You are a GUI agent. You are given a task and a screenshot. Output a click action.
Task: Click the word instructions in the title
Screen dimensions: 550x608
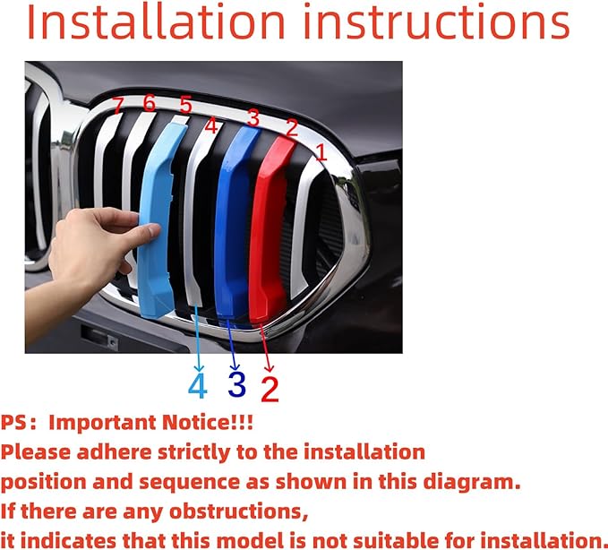(x=436, y=24)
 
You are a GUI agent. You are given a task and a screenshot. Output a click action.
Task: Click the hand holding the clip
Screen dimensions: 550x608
(x=90, y=255)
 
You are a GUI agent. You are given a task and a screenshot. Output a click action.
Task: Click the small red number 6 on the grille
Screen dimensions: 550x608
(x=149, y=104)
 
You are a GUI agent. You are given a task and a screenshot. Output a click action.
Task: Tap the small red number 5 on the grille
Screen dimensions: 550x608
(x=184, y=105)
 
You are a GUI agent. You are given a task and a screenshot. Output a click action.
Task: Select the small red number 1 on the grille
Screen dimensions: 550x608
(x=321, y=154)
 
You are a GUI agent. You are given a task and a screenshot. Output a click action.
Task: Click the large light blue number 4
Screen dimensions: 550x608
(x=197, y=386)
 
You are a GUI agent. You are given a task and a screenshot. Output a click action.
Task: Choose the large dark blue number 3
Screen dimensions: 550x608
(x=236, y=384)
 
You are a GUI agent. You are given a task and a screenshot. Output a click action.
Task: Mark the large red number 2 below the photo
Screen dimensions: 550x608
(x=270, y=388)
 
